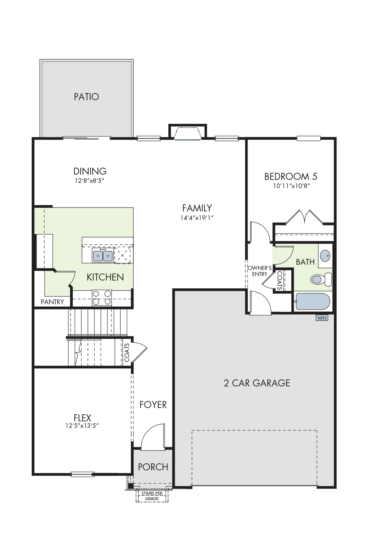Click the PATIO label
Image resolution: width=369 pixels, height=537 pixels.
[86, 97]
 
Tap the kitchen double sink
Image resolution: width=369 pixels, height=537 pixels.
[103, 255]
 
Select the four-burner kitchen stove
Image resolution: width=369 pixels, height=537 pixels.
[102, 298]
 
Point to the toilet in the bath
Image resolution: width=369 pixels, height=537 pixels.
[321, 279]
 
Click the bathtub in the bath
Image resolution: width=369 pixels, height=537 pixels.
[313, 302]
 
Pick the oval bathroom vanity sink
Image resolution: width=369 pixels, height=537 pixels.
[325, 255]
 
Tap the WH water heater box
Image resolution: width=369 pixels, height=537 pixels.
[322, 318]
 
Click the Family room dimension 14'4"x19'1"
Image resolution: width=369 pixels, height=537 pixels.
[197, 218]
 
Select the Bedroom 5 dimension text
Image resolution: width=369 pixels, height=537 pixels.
[291, 186]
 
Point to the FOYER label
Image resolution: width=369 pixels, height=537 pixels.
[153, 405]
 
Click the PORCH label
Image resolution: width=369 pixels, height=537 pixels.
[153, 467]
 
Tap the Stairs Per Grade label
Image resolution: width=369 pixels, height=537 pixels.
[152, 496]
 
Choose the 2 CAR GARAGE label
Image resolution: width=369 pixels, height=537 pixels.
[257, 383]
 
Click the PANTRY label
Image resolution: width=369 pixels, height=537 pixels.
[52, 302]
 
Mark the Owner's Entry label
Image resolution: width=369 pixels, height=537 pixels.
[260, 271]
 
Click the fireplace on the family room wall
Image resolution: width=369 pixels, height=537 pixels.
[188, 132]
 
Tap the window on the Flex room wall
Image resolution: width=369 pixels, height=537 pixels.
[83, 474]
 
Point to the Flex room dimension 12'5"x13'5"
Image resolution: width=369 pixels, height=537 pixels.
[82, 426]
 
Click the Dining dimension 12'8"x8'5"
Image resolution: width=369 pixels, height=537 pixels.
[90, 181]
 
